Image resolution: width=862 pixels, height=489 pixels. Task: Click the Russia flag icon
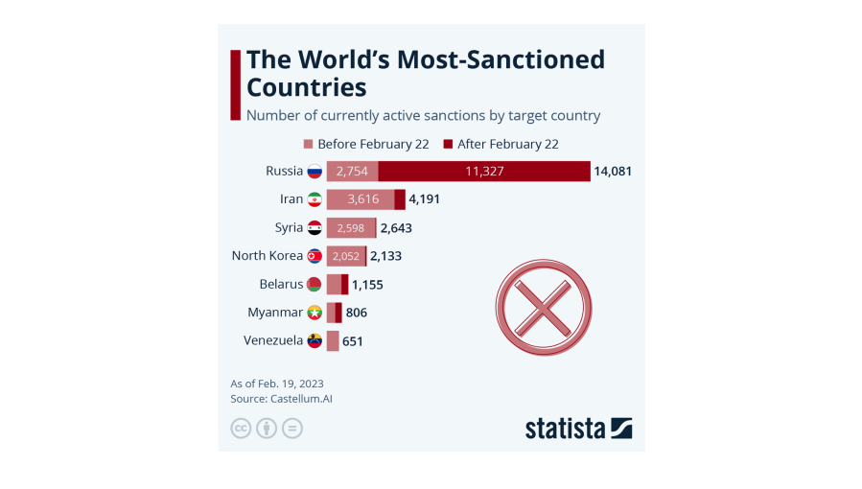point(315,172)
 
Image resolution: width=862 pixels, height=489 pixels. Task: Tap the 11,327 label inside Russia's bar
point(484,172)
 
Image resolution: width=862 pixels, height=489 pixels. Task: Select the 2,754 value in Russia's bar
point(352,172)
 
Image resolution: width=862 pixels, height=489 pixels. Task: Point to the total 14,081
point(613,172)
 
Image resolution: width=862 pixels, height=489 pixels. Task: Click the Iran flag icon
point(315,199)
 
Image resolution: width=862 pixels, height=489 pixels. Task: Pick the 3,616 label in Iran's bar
point(363,199)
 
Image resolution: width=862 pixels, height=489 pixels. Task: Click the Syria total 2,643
point(396,228)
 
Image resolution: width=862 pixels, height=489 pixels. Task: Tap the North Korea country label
point(268,256)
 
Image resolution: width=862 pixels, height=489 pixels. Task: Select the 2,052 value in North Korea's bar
point(346,256)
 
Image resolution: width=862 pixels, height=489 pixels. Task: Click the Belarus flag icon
point(315,285)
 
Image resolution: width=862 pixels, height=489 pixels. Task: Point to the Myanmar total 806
point(357,313)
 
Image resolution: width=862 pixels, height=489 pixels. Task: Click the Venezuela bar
point(333,340)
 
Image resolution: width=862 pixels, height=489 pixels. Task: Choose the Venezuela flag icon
point(315,340)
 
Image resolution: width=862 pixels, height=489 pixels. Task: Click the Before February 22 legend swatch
point(309,145)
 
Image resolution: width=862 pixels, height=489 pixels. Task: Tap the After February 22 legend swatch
point(448,145)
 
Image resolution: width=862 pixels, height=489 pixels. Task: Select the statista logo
point(578,428)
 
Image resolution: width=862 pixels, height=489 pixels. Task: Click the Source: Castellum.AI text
point(281,399)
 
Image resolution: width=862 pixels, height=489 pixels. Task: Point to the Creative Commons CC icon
point(241,429)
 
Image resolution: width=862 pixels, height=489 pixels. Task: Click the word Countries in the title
point(307,87)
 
